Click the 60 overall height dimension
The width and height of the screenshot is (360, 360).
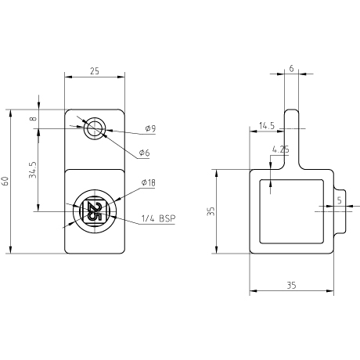(x=5, y=181)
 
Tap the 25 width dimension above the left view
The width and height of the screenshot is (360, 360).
(x=95, y=71)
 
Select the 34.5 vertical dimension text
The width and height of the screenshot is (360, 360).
(x=33, y=170)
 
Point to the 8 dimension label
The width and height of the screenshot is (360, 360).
(x=33, y=119)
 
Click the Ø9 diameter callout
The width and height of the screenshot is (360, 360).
(x=150, y=128)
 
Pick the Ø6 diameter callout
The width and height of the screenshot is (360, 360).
(x=144, y=153)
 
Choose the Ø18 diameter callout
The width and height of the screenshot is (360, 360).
(x=148, y=182)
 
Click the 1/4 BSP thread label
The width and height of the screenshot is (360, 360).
(x=158, y=218)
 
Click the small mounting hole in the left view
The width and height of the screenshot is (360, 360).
(x=95, y=128)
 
